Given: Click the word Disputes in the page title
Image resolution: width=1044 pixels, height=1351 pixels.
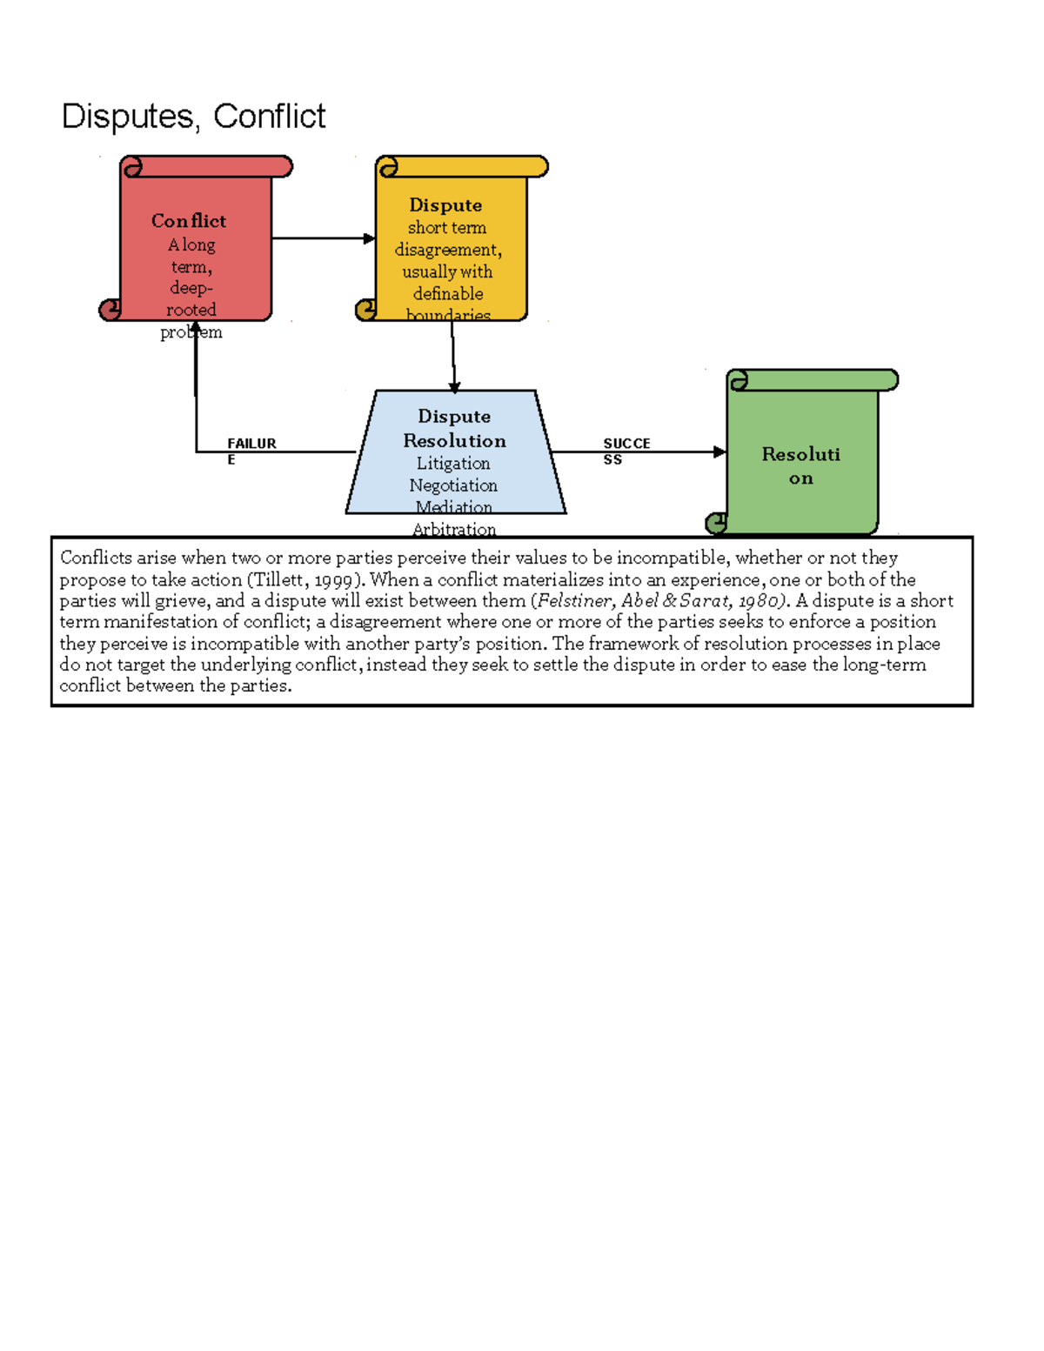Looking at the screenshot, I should click(127, 117).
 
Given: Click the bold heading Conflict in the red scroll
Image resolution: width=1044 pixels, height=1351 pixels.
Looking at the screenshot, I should click(188, 221).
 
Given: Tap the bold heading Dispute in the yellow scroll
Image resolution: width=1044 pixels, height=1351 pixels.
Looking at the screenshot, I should click(445, 205).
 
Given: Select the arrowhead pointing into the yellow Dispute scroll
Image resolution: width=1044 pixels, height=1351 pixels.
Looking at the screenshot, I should click(370, 238).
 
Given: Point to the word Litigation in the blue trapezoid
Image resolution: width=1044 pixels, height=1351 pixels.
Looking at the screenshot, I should click(452, 464).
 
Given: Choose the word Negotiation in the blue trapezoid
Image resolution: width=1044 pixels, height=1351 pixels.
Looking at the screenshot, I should click(453, 485).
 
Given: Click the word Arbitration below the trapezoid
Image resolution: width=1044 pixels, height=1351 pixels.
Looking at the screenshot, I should click(454, 530).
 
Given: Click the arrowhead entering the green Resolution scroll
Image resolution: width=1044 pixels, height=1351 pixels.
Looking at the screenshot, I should click(719, 451).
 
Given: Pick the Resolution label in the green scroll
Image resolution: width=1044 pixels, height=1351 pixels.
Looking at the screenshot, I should click(800, 465).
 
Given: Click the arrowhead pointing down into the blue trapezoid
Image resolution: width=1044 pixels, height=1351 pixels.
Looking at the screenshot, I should click(454, 387).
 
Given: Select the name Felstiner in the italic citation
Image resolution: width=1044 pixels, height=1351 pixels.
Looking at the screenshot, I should click(574, 601).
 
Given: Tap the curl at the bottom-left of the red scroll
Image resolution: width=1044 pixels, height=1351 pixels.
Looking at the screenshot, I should click(110, 309).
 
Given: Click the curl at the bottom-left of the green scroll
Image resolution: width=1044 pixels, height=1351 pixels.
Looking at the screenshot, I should click(716, 523).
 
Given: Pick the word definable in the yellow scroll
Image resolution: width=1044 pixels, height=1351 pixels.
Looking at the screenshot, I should click(448, 294).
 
